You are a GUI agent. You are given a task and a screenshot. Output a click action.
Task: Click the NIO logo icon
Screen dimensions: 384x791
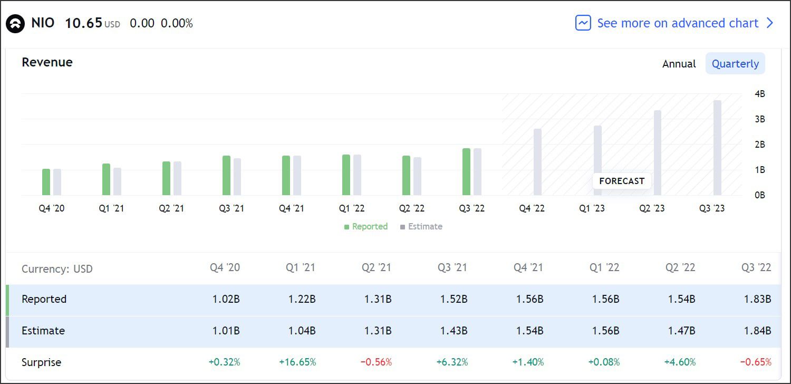point(15,24)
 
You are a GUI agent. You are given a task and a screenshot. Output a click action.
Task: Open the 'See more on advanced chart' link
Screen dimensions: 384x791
point(677,23)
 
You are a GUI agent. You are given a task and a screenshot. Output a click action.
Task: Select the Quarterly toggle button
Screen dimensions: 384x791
point(735,64)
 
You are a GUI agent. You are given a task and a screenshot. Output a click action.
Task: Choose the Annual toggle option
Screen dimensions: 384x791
point(679,64)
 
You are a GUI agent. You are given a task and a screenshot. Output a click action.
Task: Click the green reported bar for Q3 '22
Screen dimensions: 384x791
point(466,172)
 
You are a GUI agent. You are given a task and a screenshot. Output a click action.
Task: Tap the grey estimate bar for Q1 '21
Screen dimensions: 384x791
point(118,181)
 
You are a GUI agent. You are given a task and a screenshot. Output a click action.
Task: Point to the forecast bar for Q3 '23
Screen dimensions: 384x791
point(717,148)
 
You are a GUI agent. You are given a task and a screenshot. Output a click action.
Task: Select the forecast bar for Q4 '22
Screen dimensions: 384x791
point(537,162)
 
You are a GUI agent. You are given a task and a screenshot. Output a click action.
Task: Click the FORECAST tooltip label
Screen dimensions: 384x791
point(622,181)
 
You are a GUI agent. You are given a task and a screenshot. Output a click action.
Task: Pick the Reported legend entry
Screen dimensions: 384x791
point(366,227)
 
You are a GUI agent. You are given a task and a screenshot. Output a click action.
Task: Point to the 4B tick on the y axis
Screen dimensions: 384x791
point(759,94)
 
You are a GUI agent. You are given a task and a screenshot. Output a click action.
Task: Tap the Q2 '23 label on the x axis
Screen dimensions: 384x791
point(652,208)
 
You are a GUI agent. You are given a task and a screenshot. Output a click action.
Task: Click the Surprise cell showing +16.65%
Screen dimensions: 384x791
point(297,362)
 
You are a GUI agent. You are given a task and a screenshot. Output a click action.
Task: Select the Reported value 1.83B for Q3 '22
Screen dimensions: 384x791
point(757,299)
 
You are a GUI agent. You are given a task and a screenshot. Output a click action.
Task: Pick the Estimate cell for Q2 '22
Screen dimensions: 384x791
point(681,331)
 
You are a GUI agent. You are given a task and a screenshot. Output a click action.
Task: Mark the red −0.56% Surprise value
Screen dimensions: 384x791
point(376,362)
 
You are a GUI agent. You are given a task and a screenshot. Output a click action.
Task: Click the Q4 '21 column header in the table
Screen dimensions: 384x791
point(528,267)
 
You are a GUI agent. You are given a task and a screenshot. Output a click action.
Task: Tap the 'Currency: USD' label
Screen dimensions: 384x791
point(57,269)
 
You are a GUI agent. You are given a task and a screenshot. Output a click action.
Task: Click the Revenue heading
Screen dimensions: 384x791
point(47,62)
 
